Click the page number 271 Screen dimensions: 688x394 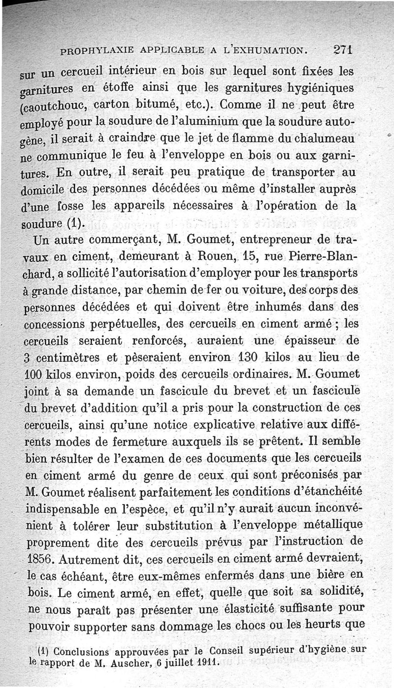pyautogui.click(x=341, y=49)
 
